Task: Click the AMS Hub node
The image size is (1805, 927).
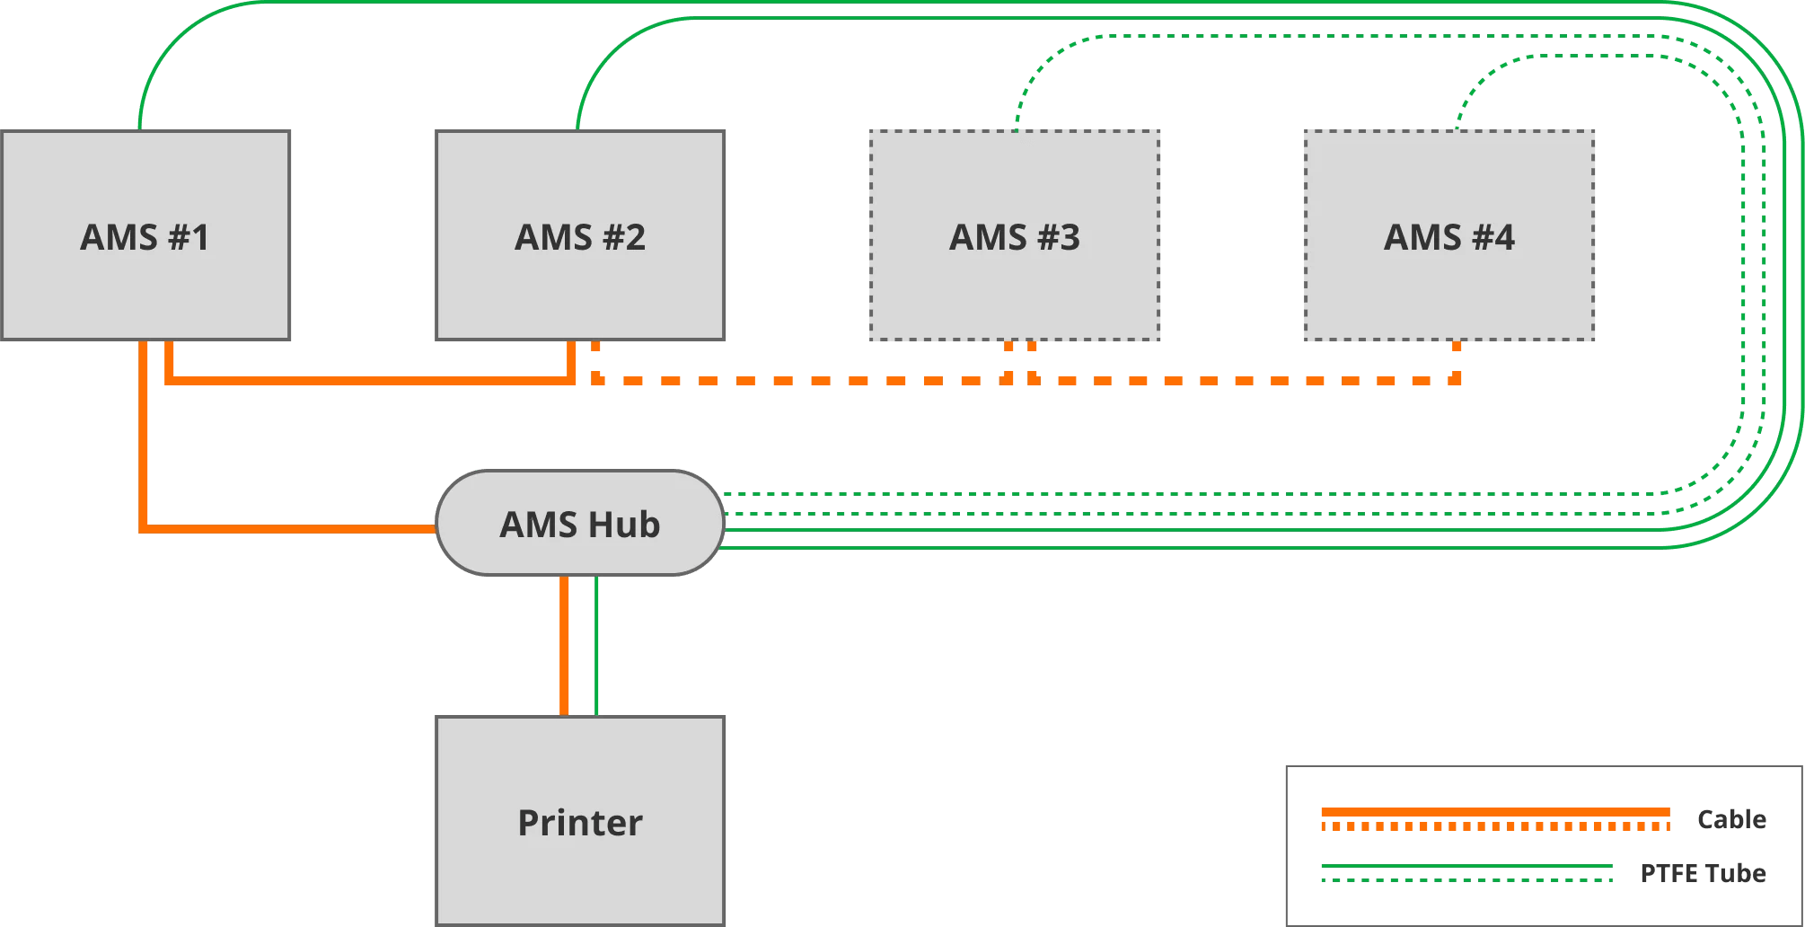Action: point(580,524)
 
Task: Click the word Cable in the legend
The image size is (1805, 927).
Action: point(1731,819)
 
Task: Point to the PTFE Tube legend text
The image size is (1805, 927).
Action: point(1703,873)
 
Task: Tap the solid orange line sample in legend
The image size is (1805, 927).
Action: point(1495,812)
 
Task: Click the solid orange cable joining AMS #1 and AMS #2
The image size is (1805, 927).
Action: point(368,381)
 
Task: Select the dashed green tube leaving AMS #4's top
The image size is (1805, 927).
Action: point(1473,90)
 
